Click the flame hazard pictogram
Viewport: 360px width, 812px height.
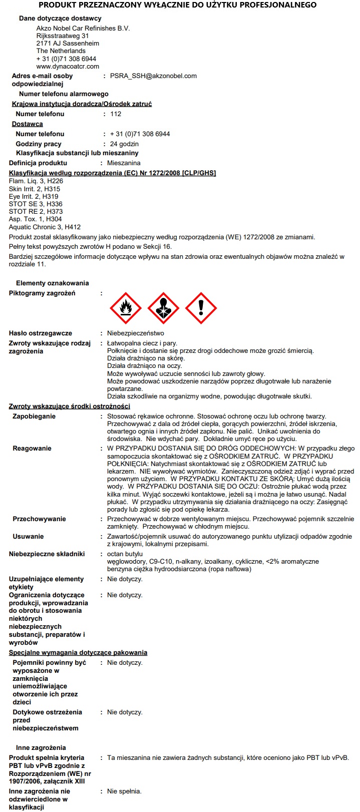[x=126, y=308]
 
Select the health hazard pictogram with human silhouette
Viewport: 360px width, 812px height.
[x=163, y=308]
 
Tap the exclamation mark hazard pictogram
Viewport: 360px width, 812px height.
[x=201, y=308]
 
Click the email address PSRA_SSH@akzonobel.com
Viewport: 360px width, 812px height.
[x=153, y=76]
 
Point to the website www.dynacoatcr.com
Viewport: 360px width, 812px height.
[x=68, y=66]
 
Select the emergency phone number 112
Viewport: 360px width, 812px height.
[x=116, y=114]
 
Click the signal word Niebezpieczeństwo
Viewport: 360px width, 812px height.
[x=135, y=333]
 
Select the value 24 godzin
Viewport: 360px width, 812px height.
[x=124, y=144]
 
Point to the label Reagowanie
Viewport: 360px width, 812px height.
[x=32, y=448]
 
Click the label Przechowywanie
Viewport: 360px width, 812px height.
[x=39, y=519]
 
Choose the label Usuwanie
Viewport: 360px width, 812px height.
[x=28, y=536]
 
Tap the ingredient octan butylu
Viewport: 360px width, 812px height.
[x=125, y=554]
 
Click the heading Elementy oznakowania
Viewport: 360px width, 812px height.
[x=52, y=283]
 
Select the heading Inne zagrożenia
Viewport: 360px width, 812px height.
[x=41, y=747]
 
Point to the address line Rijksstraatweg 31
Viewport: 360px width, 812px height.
[x=63, y=36]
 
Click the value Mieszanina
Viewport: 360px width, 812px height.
[x=124, y=163]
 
